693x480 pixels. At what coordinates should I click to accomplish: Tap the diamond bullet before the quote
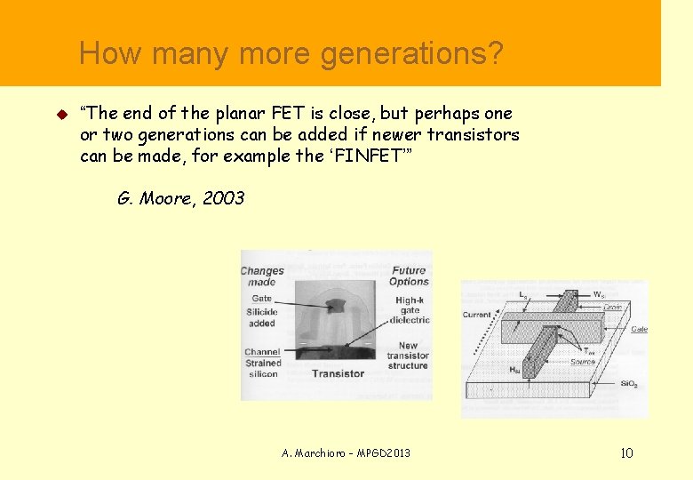click(x=61, y=115)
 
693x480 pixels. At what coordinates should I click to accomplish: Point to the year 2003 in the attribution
click(x=223, y=198)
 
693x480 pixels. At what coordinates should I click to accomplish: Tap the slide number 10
click(x=626, y=453)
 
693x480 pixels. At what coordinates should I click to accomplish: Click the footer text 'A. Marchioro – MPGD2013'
click(x=346, y=453)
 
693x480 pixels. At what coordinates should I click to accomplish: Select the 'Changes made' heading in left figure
click(x=262, y=276)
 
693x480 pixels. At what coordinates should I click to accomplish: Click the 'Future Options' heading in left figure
click(x=409, y=276)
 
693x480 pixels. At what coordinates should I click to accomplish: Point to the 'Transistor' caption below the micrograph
click(x=338, y=373)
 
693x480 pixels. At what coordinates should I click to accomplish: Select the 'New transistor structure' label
click(x=408, y=356)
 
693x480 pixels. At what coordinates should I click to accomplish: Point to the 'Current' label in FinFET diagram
click(x=476, y=315)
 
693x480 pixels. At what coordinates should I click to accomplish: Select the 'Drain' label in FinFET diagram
click(x=613, y=308)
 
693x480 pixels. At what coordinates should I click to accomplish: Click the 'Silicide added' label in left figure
click(x=262, y=317)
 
